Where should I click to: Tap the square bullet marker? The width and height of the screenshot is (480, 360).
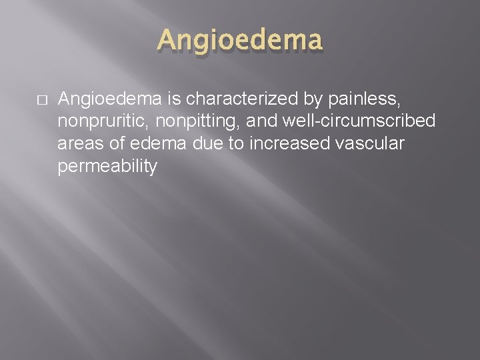(x=42, y=99)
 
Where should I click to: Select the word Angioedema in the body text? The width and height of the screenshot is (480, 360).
(x=109, y=99)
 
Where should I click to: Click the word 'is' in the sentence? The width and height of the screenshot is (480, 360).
(x=174, y=99)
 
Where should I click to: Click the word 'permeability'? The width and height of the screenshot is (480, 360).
(x=107, y=167)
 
